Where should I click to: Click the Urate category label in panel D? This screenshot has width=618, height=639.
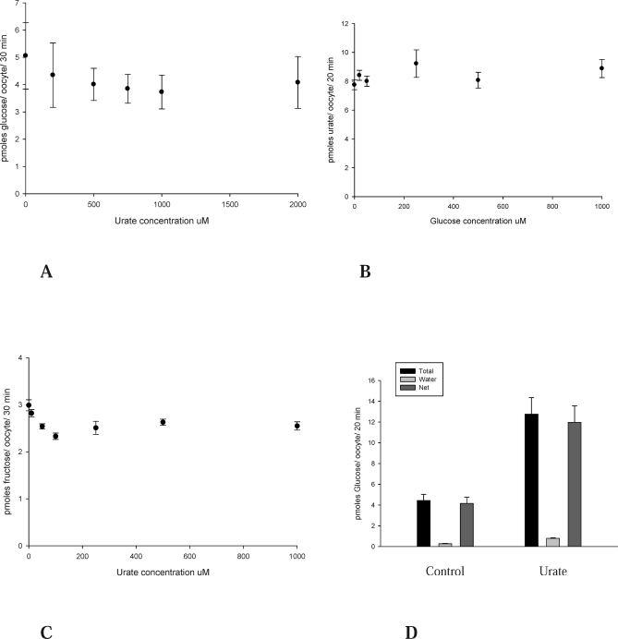[552, 571]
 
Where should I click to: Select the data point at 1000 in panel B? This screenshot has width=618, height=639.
[601, 67]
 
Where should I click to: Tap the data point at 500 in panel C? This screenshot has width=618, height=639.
[163, 422]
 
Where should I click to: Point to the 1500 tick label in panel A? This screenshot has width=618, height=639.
[229, 204]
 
